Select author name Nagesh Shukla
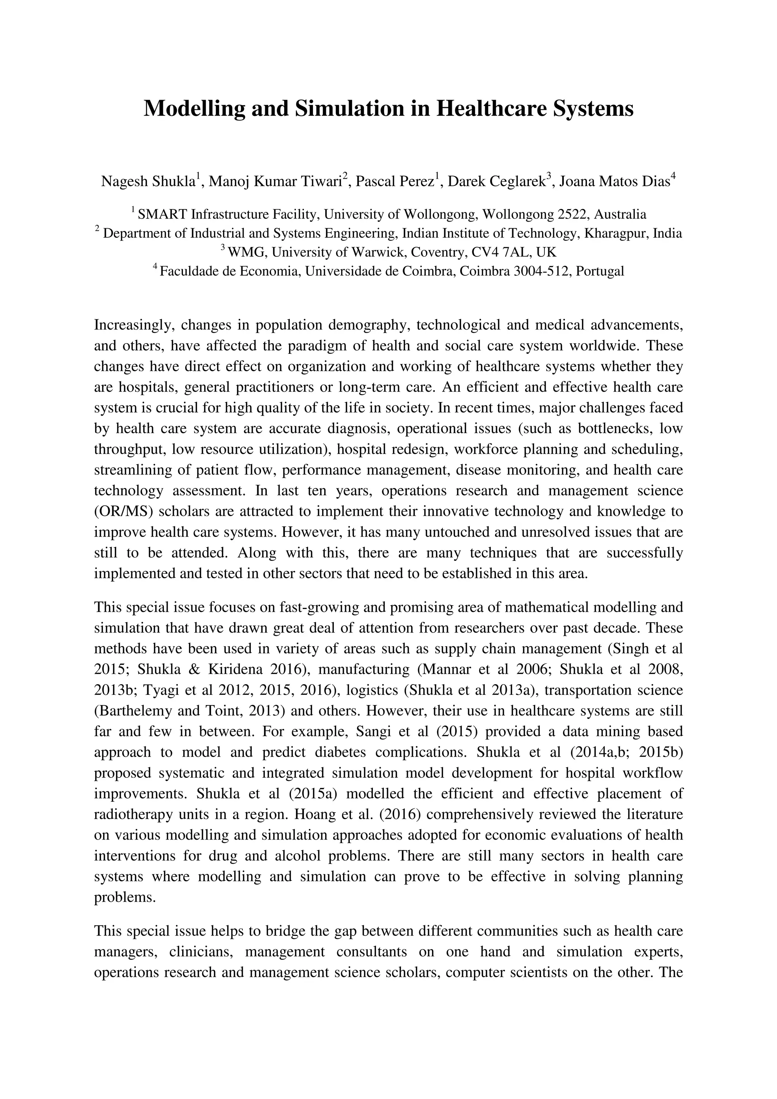(x=148, y=182)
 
